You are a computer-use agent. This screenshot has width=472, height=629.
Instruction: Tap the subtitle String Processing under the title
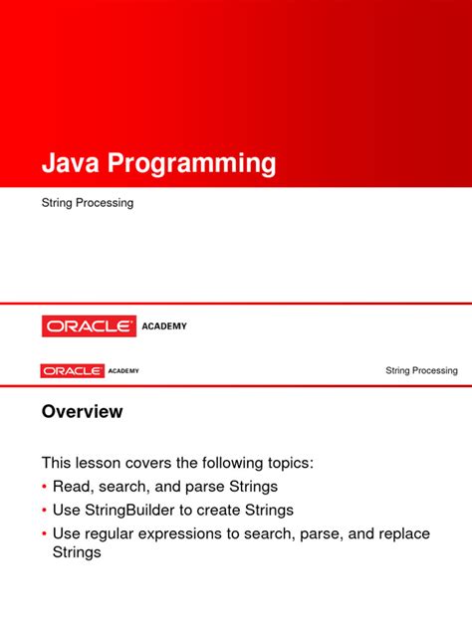pyautogui.click(x=88, y=203)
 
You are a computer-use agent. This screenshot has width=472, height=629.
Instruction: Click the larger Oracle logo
pyautogui.click(x=89, y=325)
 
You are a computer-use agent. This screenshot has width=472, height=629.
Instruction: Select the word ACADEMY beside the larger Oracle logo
pyautogui.click(x=164, y=325)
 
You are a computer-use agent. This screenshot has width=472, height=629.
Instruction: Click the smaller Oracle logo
pyautogui.click(x=72, y=370)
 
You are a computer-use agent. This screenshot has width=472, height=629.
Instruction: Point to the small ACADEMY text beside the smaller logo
pyautogui.click(x=123, y=371)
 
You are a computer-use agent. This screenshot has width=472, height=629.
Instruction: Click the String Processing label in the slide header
pyautogui.click(x=421, y=371)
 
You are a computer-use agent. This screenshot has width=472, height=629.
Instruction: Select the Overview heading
pyautogui.click(x=82, y=411)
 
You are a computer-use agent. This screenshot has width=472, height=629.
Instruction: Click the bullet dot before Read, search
pyautogui.click(x=44, y=487)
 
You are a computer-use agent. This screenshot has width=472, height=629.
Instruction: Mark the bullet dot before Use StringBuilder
pyautogui.click(x=44, y=511)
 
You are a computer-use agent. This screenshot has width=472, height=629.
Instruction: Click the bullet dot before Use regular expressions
pyautogui.click(x=44, y=534)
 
